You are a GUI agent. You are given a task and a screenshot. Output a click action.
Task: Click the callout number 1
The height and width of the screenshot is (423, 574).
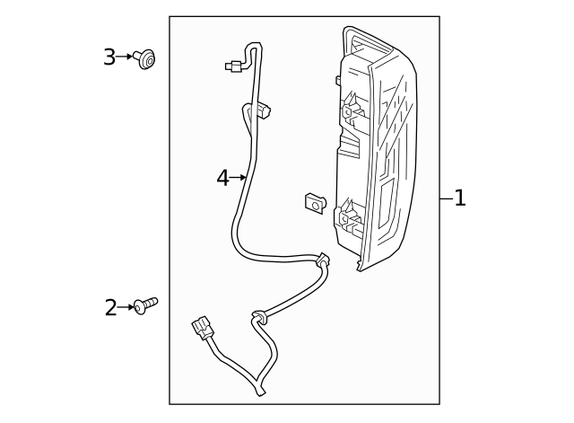(460, 198)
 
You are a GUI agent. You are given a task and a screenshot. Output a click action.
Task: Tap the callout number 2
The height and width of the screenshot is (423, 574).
(111, 308)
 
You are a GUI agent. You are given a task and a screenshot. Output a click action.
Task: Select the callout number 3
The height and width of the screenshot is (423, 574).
(109, 57)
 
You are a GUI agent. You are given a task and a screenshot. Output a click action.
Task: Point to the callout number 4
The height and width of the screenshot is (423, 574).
(222, 178)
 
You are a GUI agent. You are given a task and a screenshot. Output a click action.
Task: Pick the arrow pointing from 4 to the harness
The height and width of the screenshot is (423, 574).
(239, 178)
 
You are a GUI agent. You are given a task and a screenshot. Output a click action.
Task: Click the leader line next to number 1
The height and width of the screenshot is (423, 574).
(446, 198)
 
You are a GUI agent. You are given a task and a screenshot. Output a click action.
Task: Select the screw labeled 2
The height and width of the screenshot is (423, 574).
(145, 305)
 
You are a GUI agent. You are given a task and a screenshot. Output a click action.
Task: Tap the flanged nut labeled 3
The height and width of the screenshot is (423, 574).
(145, 59)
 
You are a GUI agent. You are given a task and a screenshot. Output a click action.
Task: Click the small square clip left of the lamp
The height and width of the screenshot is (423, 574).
(315, 204)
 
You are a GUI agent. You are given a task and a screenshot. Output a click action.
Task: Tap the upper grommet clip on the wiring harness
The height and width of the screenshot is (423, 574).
(323, 262)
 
